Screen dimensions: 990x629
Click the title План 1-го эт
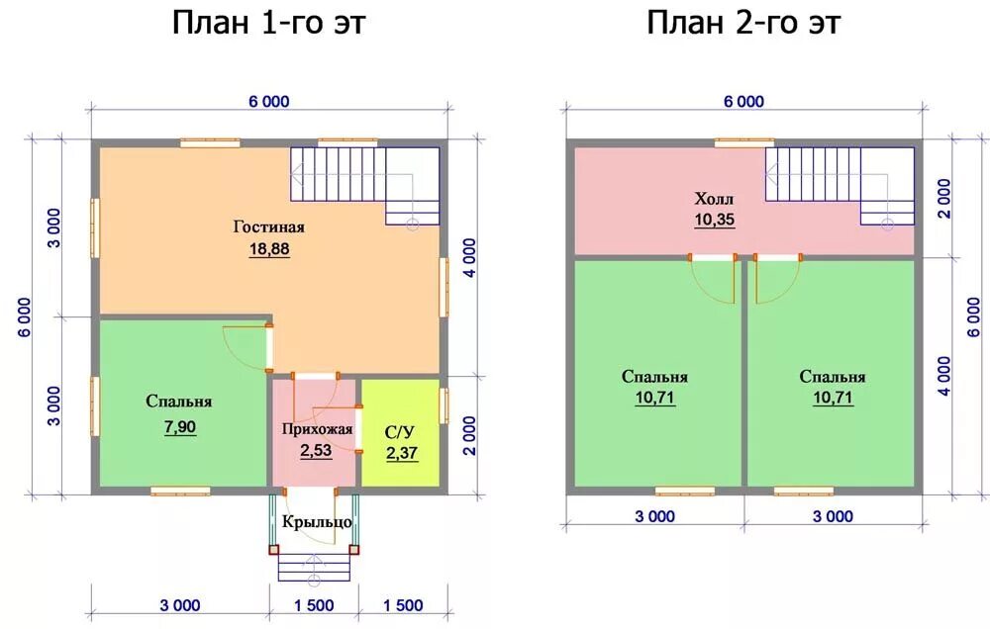[269, 24]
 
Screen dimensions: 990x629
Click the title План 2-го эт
[743, 24]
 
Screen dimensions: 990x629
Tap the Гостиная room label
[269, 226]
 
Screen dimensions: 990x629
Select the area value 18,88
[269, 248]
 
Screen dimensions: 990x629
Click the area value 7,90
[180, 427]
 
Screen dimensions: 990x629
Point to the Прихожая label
[317, 430]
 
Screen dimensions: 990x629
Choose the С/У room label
[400, 433]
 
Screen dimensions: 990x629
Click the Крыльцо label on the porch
[317, 522]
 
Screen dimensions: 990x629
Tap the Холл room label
[714, 199]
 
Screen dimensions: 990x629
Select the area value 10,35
[715, 220]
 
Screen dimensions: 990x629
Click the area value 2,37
[402, 453]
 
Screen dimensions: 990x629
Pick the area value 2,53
[316, 450]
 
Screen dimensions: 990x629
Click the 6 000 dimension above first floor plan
[269, 102]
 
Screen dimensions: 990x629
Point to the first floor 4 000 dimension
[469, 257]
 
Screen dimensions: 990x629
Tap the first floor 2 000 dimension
[469, 435]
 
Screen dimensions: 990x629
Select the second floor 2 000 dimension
[943, 198]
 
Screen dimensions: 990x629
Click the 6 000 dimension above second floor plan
[743, 102]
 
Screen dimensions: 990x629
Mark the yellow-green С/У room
[400, 432]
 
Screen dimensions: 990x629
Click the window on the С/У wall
[444, 405]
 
